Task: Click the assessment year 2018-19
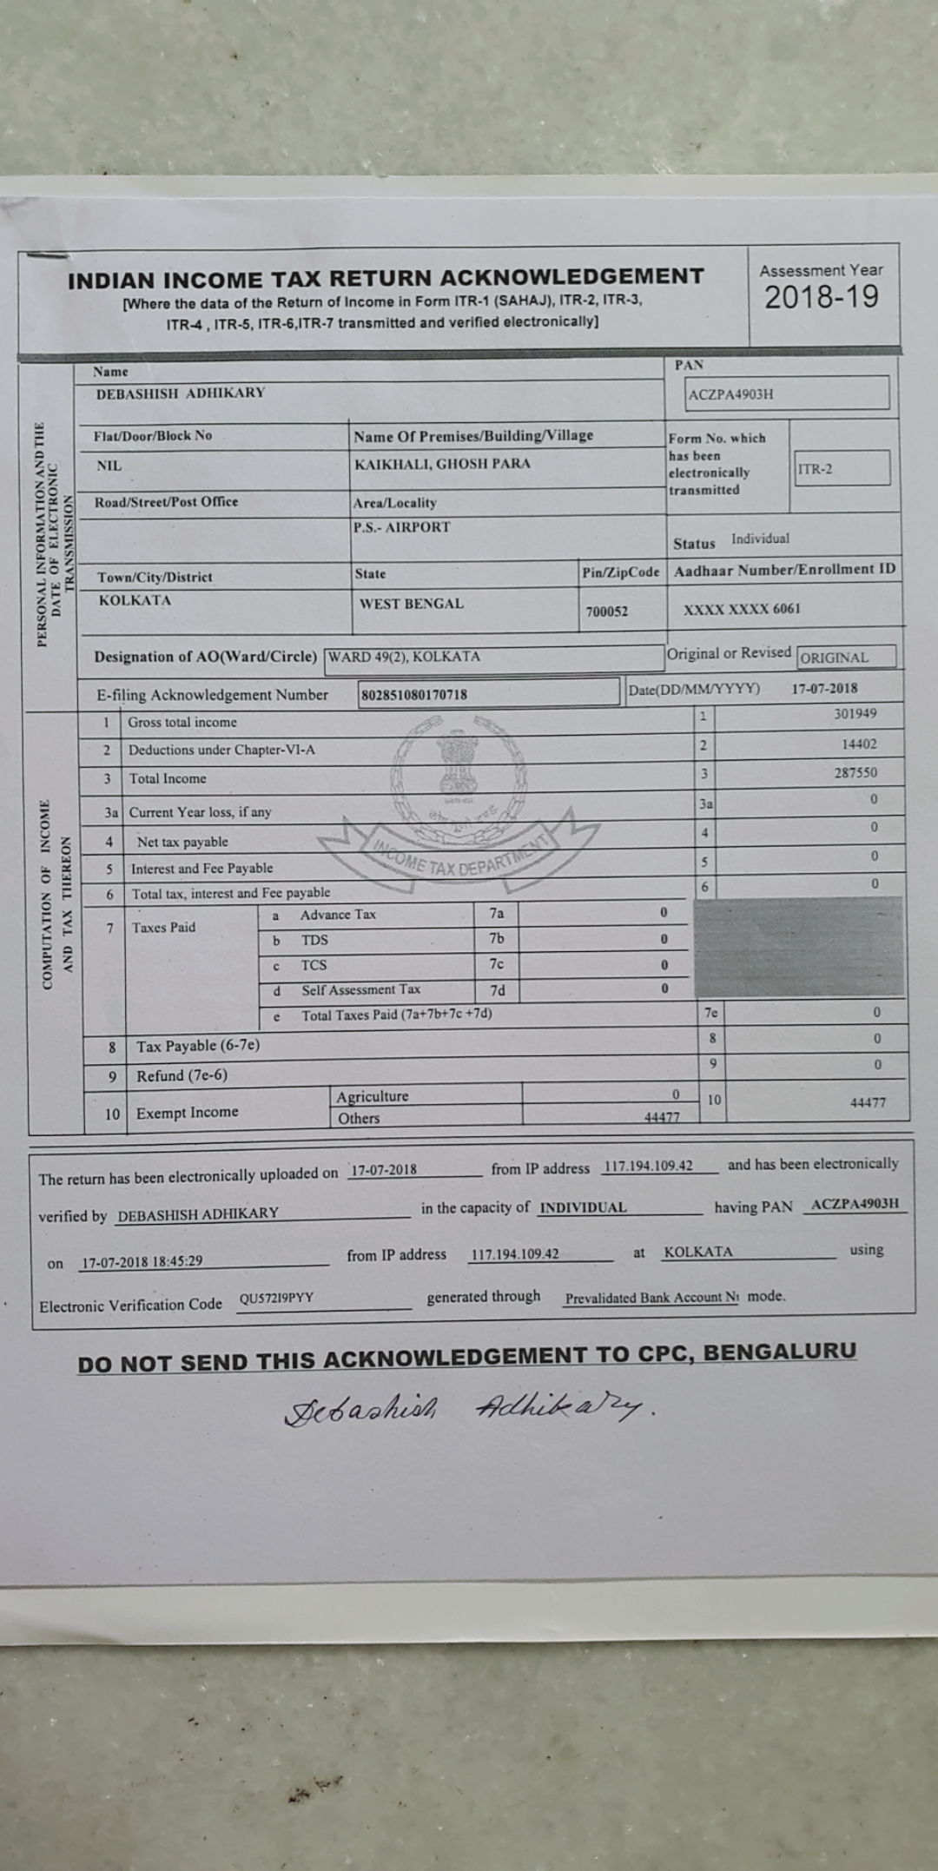click(821, 297)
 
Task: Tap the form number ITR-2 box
click(841, 468)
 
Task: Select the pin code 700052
click(606, 612)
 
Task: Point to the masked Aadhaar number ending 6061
click(742, 609)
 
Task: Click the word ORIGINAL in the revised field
click(835, 658)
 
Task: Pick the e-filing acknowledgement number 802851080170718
click(414, 694)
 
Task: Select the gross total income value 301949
click(855, 714)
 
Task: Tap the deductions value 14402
click(858, 744)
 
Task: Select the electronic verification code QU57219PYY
click(276, 1299)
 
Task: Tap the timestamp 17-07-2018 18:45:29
click(142, 1261)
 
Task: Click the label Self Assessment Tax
click(360, 989)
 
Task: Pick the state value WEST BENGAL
click(411, 604)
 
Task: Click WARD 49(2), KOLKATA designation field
click(404, 657)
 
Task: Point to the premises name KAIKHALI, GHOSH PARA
click(441, 464)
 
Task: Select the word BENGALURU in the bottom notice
click(779, 1352)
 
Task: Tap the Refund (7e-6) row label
click(182, 1076)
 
